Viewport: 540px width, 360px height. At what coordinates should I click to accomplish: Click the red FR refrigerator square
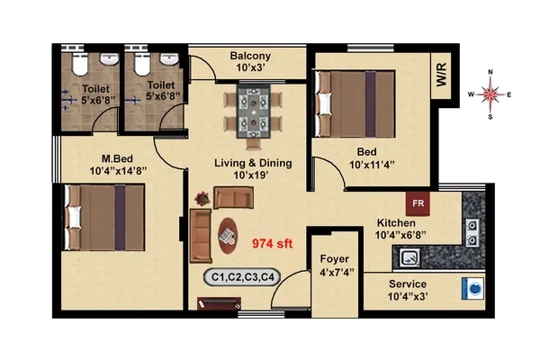tap(418, 203)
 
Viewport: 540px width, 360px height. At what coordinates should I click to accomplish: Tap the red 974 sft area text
tap(272, 244)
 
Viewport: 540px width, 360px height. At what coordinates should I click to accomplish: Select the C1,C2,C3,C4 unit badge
tap(242, 277)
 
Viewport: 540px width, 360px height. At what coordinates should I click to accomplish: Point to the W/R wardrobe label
tap(441, 75)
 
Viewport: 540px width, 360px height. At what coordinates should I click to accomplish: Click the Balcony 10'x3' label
tap(250, 61)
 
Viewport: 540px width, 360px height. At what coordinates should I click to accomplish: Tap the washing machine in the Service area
tap(473, 288)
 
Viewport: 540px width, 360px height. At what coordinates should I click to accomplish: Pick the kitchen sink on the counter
tap(410, 257)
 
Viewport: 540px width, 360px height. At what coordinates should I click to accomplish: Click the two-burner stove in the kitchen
tap(472, 232)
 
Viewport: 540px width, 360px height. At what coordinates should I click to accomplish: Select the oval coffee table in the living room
tap(228, 236)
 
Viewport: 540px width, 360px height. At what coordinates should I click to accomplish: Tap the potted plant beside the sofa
tap(202, 198)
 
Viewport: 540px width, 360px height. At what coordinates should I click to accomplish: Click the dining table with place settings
tap(253, 112)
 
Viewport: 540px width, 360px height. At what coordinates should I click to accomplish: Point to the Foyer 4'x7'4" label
tap(335, 265)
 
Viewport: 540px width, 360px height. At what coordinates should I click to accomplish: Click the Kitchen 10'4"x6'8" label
tap(400, 229)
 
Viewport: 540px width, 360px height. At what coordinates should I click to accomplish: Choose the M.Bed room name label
tap(117, 158)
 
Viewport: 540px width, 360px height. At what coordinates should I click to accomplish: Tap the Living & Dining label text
tap(253, 163)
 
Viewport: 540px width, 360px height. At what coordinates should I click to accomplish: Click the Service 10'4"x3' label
tap(408, 290)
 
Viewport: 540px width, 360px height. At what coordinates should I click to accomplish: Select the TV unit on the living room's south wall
tap(219, 303)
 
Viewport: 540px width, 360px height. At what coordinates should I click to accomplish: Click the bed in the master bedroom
tap(104, 218)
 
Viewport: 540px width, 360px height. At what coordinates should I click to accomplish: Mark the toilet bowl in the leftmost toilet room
tap(81, 64)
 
